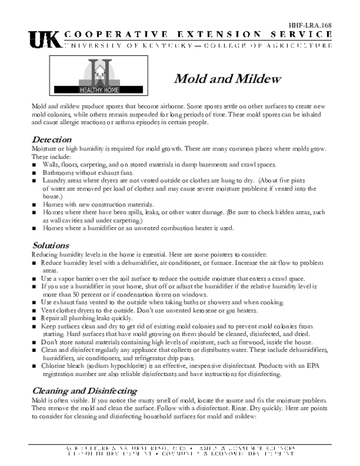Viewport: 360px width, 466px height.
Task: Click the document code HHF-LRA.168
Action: tap(309, 25)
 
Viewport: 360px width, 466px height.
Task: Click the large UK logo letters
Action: tap(45, 40)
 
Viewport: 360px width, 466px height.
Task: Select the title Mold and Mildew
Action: tap(227, 79)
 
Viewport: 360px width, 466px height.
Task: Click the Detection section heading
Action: tap(51, 139)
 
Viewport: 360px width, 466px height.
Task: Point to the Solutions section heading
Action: tap(51, 245)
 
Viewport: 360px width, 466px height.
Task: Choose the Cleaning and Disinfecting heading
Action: tap(84, 390)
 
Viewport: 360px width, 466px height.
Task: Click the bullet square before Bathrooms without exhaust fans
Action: tap(34, 173)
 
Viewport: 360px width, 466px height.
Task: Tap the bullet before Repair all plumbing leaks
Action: tap(34, 319)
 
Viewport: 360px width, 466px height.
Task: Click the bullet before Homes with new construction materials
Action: tap(34, 205)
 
